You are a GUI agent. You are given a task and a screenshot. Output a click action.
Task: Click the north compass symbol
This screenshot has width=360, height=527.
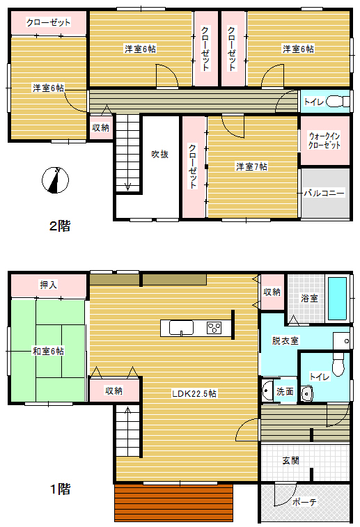click(x=55, y=180)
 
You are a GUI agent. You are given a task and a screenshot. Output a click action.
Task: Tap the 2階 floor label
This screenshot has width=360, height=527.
click(x=60, y=226)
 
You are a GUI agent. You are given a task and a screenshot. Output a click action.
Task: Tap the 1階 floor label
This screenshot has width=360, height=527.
click(x=60, y=489)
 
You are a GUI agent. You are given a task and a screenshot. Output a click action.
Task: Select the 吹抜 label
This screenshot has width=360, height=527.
click(x=159, y=155)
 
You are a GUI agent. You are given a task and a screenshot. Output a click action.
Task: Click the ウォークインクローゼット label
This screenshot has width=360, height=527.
click(x=324, y=141)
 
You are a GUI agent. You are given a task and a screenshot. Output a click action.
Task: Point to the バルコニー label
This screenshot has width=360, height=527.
click(x=324, y=193)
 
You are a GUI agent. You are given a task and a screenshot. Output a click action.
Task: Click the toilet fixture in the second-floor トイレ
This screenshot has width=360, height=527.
click(x=338, y=101)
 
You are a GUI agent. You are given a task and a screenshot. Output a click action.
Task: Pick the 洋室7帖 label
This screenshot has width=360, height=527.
click(x=251, y=166)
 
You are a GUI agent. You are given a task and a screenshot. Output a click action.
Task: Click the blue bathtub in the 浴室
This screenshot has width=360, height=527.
click(x=337, y=299)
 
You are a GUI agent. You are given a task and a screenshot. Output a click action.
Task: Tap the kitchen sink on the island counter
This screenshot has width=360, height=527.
click(x=181, y=328)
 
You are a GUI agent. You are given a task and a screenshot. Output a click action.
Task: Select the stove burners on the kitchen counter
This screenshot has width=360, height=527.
click(x=214, y=328)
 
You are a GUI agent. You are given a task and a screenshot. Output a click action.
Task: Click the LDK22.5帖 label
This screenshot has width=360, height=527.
click(x=194, y=393)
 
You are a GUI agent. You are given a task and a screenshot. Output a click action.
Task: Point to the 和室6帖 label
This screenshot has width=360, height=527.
click(x=48, y=352)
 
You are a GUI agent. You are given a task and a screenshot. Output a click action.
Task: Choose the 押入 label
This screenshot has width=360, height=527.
click(x=49, y=285)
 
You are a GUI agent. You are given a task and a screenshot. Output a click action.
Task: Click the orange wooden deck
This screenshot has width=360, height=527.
click(x=174, y=503)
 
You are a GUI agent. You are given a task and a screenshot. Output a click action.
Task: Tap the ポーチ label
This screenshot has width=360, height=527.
click(x=304, y=502)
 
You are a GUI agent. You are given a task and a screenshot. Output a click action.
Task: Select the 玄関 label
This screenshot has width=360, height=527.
click(x=291, y=460)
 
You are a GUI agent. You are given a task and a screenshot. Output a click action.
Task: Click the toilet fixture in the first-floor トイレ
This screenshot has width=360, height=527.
click(x=338, y=364)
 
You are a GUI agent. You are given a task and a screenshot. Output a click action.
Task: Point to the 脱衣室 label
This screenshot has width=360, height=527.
click(x=285, y=340)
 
